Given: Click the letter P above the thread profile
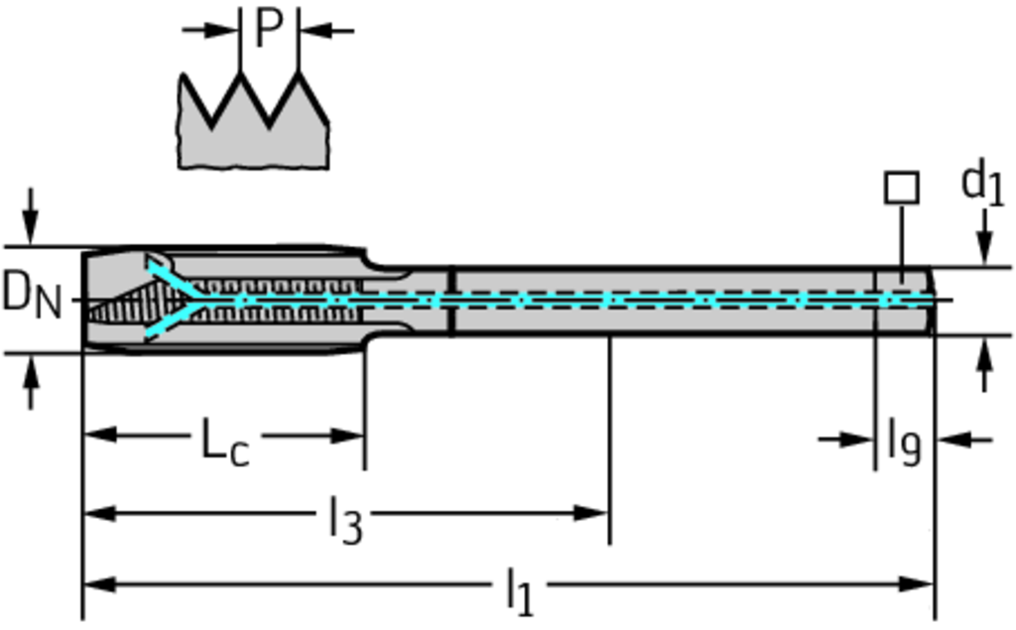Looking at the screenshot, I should (268, 30).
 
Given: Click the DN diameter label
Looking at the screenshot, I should (30, 296).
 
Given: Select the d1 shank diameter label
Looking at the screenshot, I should (981, 185).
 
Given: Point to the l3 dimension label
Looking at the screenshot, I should (344, 519).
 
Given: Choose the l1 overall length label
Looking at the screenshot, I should (519, 591).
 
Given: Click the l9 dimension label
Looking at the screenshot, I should (904, 442).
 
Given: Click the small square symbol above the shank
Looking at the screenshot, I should (901, 188).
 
